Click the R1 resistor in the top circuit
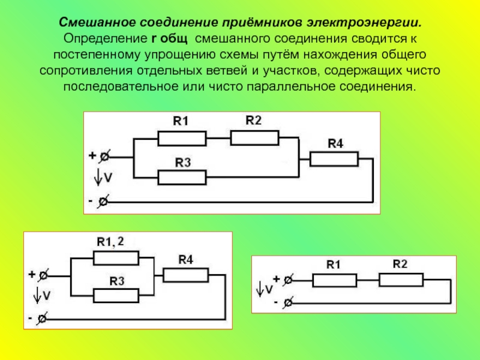(x=182, y=139)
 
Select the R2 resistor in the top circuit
(x=254, y=138)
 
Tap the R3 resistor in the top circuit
(x=182, y=178)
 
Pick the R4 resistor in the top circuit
(x=334, y=159)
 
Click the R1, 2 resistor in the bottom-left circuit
(x=116, y=258)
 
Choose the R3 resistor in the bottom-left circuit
(x=116, y=296)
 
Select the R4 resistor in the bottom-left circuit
(x=186, y=275)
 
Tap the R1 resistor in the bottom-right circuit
(x=335, y=280)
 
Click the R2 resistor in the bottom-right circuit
(x=401, y=280)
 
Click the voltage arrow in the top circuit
(x=98, y=177)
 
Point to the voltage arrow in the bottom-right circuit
(x=260, y=289)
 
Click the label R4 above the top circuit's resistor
(x=335, y=143)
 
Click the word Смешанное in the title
(x=97, y=22)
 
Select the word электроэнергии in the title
(x=364, y=23)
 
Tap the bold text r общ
(x=169, y=39)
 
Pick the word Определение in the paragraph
(x=106, y=39)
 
